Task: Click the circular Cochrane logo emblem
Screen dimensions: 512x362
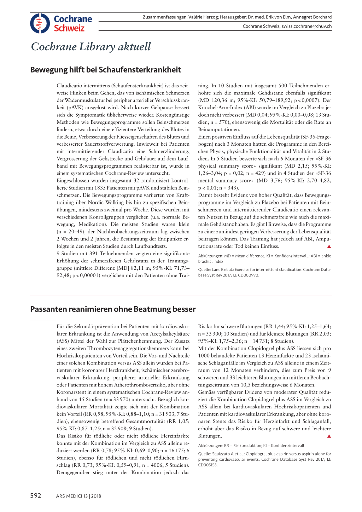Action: pos(40,23)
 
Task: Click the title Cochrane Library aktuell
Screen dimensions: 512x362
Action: pos(91,47)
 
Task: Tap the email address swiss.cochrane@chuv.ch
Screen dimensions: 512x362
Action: pos(306,26)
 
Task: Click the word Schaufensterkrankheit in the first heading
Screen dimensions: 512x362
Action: pos(140,70)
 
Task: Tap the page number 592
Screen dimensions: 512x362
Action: pos(36,496)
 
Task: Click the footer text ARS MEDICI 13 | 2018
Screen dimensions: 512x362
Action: pos(78,496)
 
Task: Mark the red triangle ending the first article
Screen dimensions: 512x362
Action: pos(329,246)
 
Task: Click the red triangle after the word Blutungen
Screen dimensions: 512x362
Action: pos(329,436)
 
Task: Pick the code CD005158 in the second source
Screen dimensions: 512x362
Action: pos(208,465)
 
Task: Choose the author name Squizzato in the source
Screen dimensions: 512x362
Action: pos(222,454)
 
